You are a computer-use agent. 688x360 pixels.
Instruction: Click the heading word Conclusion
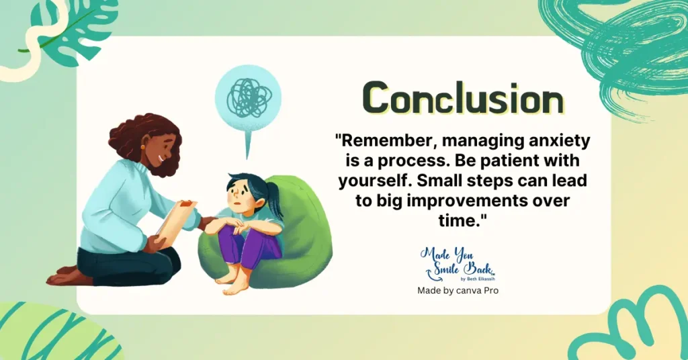click(x=464, y=98)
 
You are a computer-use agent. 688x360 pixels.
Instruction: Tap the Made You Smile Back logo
click(x=458, y=264)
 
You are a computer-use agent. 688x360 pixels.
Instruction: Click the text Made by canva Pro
click(x=458, y=290)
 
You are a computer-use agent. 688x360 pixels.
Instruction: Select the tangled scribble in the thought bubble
click(x=249, y=97)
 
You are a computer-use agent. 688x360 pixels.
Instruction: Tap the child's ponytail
click(x=275, y=199)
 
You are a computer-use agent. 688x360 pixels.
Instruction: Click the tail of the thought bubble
click(x=248, y=142)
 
